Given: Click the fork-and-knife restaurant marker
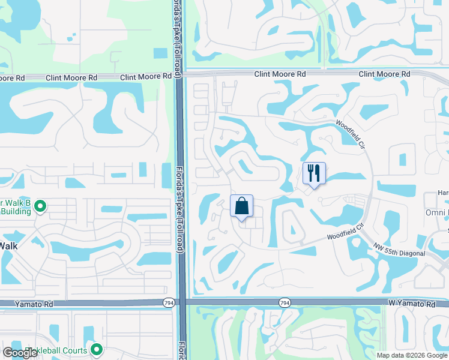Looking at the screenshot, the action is [314, 174].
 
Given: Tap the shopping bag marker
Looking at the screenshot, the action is [241, 206].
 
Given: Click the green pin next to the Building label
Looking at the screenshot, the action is [40, 207].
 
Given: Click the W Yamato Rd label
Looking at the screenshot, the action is [415, 305].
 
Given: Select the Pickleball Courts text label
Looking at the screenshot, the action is [58, 350].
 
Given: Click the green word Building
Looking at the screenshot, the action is [14, 211].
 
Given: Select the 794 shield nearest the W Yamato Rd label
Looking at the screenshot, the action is [285, 304].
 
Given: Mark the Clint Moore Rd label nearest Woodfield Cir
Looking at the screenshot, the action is [384, 74].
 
